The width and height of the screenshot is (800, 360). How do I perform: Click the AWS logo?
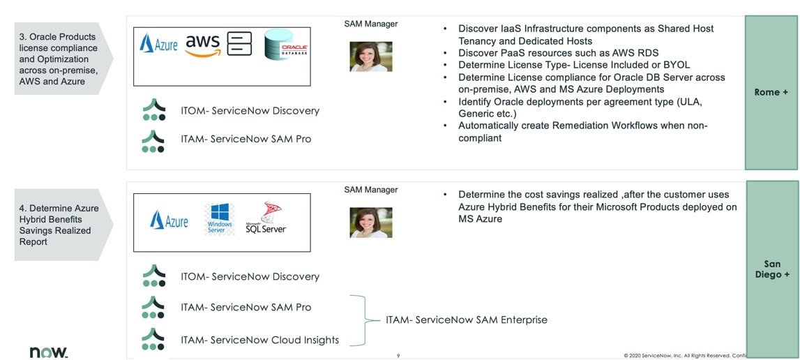(202, 44)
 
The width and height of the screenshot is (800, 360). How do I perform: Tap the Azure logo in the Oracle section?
(158, 44)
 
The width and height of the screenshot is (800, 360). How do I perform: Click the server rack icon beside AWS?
(239, 43)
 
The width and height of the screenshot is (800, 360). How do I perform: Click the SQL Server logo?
(265, 218)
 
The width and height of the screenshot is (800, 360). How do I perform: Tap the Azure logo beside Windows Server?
(169, 220)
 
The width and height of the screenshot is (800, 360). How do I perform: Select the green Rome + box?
(771, 92)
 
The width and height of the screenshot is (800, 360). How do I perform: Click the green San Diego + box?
(772, 269)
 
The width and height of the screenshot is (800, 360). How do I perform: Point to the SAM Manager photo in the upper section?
(370, 57)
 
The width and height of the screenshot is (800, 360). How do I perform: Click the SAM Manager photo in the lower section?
(370, 223)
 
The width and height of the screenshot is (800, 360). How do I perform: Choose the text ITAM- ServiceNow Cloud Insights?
(259, 340)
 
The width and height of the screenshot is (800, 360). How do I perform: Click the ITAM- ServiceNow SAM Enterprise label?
(466, 320)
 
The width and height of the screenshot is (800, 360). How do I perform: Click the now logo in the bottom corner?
(48, 352)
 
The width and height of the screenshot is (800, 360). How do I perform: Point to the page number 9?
(398, 356)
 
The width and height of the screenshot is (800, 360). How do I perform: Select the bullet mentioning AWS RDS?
(558, 53)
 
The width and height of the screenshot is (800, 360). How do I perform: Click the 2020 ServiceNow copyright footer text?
(684, 356)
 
